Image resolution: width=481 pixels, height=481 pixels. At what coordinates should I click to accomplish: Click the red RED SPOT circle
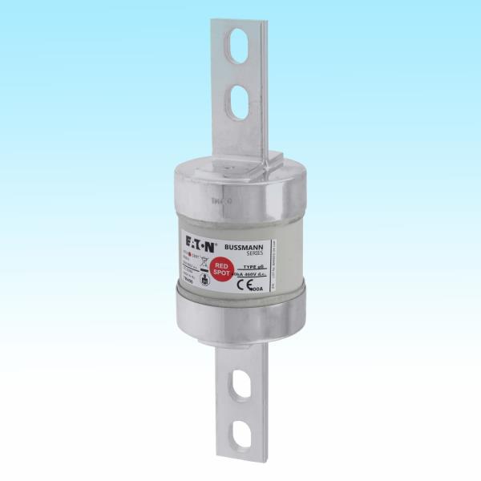(x=221, y=269)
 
